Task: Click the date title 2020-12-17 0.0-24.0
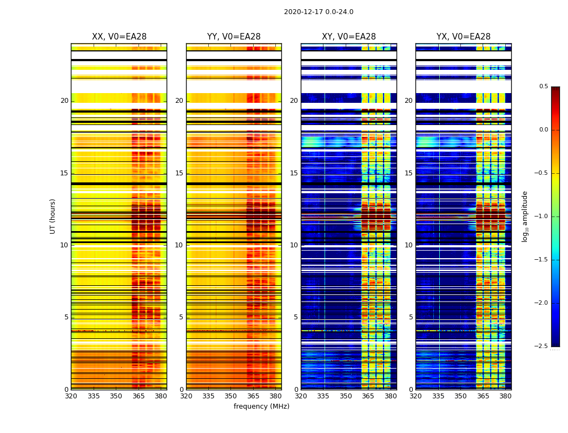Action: pos(319,12)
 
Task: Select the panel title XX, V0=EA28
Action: pos(119,37)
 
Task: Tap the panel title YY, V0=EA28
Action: pos(234,37)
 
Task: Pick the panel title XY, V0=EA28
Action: pos(349,37)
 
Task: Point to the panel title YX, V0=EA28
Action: pos(464,37)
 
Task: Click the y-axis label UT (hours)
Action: pos(53,216)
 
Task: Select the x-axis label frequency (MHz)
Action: pos(261,406)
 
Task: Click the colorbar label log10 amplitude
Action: pos(524,216)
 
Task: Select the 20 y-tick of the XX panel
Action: pos(64,101)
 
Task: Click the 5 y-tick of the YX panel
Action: pos(411,317)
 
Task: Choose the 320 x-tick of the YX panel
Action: pos(415,396)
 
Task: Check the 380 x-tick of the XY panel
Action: pos(391,396)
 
